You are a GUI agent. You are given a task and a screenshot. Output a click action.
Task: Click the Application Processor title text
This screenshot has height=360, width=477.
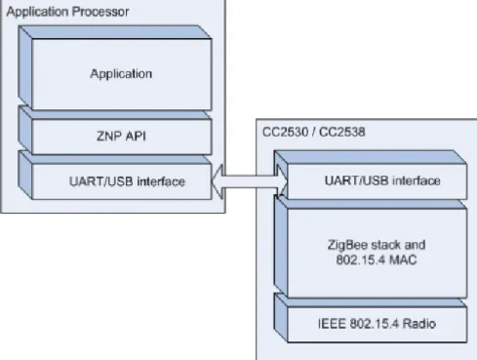[67, 12]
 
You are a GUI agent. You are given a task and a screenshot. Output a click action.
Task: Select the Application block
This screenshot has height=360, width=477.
[115, 67]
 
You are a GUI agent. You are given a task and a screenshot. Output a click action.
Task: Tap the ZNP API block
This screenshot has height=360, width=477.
[115, 130]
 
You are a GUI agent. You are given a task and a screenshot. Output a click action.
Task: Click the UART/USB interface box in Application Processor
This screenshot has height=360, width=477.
[115, 175]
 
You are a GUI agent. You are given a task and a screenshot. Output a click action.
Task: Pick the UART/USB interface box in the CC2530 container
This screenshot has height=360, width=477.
[371, 175]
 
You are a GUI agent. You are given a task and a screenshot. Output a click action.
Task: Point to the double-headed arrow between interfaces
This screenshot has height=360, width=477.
[250, 181]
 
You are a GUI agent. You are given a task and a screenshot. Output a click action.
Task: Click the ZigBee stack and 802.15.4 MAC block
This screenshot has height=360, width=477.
[371, 247]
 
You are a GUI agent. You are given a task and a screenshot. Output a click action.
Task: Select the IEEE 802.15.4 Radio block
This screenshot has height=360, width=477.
[371, 318]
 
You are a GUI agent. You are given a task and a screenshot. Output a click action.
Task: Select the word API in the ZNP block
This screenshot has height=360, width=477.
[135, 136]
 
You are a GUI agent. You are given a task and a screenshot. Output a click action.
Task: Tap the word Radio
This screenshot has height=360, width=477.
[419, 324]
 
